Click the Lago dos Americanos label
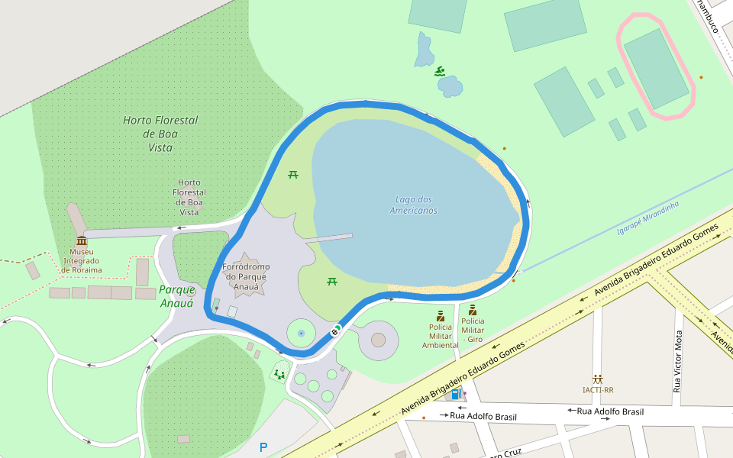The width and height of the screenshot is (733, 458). (413, 205)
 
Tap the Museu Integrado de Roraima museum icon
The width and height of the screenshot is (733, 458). (81, 240)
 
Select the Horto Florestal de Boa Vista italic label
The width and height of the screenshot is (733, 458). (160, 134)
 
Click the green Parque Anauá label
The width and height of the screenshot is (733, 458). (176, 296)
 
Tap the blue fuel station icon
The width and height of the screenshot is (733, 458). (456, 394)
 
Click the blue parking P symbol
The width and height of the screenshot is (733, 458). (264, 447)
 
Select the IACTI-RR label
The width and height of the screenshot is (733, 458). (598, 390)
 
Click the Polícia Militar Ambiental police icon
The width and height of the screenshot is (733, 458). (441, 315)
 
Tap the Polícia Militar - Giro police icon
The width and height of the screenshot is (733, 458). (473, 310)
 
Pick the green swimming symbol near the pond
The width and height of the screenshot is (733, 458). (440, 72)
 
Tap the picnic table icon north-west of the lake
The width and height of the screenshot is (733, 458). (293, 175)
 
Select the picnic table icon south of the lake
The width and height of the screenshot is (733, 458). (332, 282)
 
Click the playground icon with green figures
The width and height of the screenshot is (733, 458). (279, 374)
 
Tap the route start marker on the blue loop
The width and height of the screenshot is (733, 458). (335, 331)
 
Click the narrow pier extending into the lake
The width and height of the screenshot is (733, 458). (328, 238)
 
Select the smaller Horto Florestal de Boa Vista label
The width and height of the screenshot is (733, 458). (189, 198)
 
